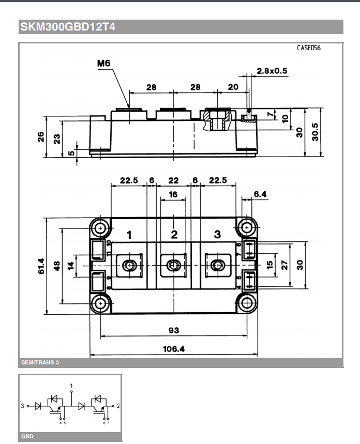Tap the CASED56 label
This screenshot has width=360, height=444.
[x=309, y=48]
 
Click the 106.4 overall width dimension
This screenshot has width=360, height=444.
[x=173, y=349]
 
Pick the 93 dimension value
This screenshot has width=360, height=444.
[x=173, y=330]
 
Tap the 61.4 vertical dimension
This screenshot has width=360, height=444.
[x=41, y=266]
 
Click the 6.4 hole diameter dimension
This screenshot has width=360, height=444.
[x=260, y=194]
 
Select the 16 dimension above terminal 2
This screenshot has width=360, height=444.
[x=173, y=194]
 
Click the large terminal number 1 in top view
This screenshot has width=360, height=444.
[x=129, y=235]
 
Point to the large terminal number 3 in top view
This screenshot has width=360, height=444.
[x=217, y=235]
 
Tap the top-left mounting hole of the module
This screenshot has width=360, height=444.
[x=100, y=227]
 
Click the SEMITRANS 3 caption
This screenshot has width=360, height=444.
[x=40, y=363]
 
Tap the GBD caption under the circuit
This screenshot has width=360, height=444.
[x=27, y=437]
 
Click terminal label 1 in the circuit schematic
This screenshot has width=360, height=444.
[x=71, y=386]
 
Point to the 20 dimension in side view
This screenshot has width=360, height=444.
[x=233, y=87]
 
